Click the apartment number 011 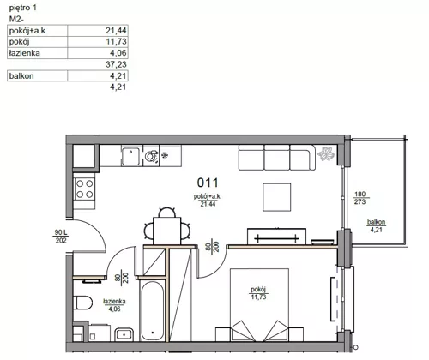pos(208,183)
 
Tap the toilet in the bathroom pos(82,303)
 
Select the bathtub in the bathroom pos(153,311)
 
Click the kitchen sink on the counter pos(131,156)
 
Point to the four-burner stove pos(85,189)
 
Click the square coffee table pos(276,197)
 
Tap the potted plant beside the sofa pos(326,153)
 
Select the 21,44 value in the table pos(116,30)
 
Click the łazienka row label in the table pos(25,53)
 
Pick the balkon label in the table pos(21,76)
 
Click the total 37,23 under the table pos(116,64)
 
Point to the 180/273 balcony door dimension pos(360,198)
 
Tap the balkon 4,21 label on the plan pos(376,225)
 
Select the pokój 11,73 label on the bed pos(258,293)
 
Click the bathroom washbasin pos(124,334)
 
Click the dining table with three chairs pos(167,231)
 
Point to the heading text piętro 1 pos(23,8)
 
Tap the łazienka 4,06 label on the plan pos(114,305)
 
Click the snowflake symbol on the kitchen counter pos(165,156)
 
